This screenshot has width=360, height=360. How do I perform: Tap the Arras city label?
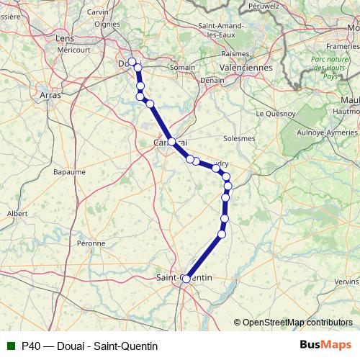[50, 94]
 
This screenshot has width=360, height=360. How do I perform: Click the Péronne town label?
[91, 244]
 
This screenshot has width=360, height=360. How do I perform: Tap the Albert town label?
[17, 214]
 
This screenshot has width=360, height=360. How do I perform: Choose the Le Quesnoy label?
[276, 114]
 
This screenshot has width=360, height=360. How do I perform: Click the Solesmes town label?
[239, 138]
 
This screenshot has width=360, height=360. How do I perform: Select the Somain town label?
[182, 68]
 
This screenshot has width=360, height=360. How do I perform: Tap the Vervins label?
[346, 281]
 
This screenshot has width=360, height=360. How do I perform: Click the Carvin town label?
[97, 12]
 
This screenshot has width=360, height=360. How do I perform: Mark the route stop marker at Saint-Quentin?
[186, 279]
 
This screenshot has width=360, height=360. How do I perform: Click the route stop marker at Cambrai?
[172, 142]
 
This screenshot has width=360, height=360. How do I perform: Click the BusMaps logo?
[325, 345]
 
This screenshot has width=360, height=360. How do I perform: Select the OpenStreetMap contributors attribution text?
[297, 323]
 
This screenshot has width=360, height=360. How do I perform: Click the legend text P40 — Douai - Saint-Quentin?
[89, 346]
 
